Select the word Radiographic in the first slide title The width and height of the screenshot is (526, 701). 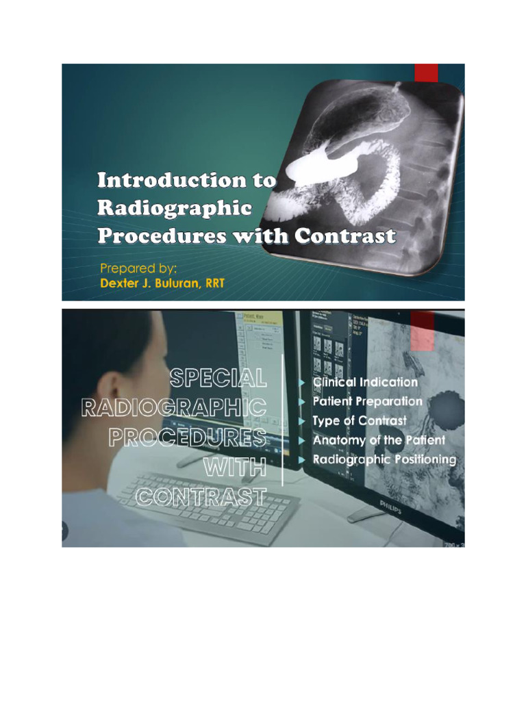pos(175,208)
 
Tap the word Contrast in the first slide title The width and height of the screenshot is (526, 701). pos(345,236)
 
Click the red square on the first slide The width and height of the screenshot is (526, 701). pos(426,72)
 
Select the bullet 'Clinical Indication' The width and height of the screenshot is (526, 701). pos(364,382)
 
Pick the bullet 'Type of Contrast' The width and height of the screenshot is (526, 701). pos(359,420)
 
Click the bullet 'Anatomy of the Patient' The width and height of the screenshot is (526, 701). pos(378,440)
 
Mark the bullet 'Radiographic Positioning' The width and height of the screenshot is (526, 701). pos(384,459)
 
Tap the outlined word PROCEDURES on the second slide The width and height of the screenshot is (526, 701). pos(187,437)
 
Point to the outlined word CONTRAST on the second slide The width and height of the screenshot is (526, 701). pos(201,496)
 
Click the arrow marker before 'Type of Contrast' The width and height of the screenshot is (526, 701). pos(302,421)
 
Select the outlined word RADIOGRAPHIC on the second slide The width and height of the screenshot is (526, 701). pos(174,407)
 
